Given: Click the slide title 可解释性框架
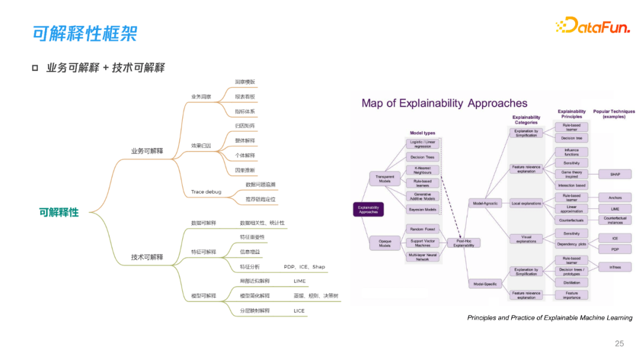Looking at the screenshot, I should click(x=85, y=33).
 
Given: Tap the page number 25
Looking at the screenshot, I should click(x=619, y=343).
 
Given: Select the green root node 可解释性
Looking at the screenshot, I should click(x=59, y=212).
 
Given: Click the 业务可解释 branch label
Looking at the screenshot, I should click(x=147, y=151).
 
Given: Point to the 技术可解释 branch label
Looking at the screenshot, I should click(x=147, y=257).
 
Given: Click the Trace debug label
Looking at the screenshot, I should click(x=206, y=192).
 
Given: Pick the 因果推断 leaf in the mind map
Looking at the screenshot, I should click(x=244, y=171).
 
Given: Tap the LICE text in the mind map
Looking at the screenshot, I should click(x=299, y=310).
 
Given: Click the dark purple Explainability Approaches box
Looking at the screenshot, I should click(x=368, y=209).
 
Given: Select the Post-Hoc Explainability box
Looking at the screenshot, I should click(x=463, y=243).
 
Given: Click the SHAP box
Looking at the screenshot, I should click(x=615, y=174).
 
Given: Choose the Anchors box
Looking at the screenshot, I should click(x=615, y=197).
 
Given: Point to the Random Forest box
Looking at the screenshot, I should click(x=422, y=229).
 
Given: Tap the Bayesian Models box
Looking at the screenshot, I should click(x=422, y=209).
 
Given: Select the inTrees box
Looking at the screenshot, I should click(x=615, y=267).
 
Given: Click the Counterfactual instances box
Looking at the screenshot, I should click(x=615, y=220).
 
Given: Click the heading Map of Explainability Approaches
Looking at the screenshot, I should click(x=444, y=103).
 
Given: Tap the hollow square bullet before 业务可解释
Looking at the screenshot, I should click(x=35, y=68).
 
